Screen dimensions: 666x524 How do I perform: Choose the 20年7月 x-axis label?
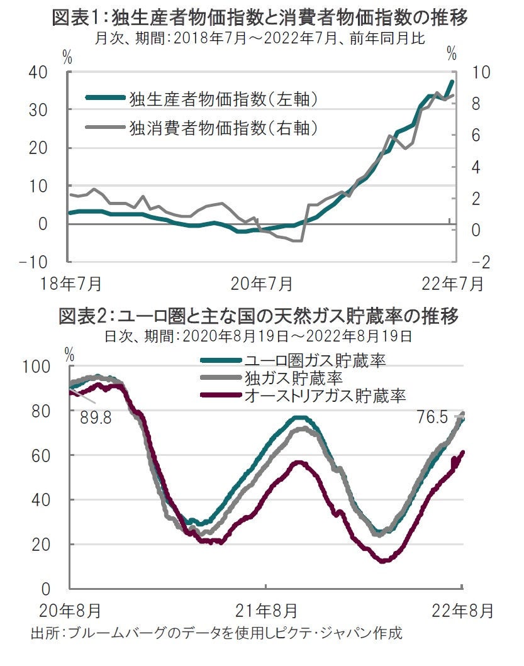[x=262, y=284]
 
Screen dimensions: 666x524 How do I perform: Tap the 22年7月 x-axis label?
[x=454, y=284]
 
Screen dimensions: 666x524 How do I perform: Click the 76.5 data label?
[x=434, y=416]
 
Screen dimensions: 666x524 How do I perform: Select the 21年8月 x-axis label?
[x=265, y=609]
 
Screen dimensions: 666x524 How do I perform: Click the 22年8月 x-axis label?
[x=462, y=609]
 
